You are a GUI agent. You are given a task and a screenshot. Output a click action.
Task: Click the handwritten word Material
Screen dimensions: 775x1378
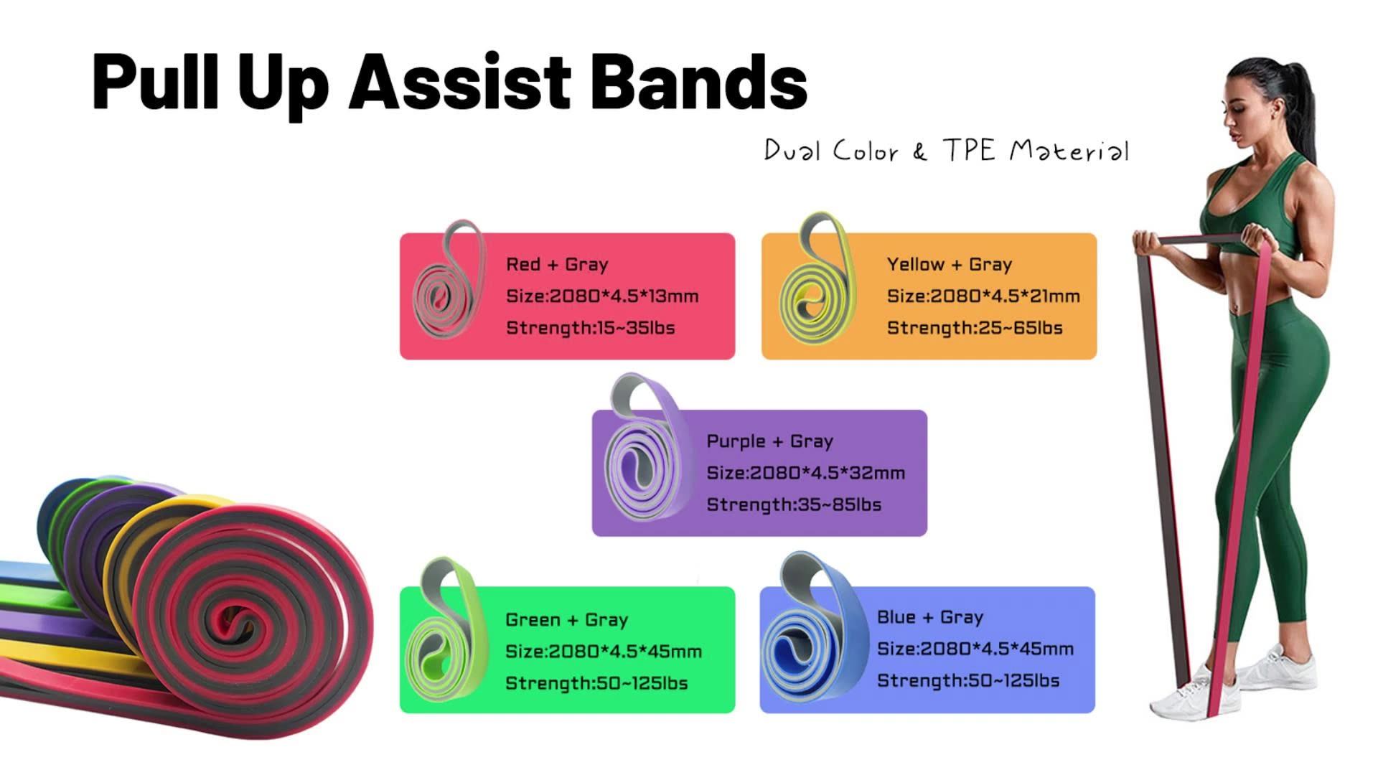point(1069,151)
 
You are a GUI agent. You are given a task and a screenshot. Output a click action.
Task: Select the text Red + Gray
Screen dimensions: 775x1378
point(557,265)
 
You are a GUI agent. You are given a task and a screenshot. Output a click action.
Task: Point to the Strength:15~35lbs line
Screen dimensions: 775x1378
point(590,328)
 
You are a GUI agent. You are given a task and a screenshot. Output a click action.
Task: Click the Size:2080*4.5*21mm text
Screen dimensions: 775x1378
point(983,296)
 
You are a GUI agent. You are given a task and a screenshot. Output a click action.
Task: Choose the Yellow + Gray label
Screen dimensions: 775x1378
point(949,265)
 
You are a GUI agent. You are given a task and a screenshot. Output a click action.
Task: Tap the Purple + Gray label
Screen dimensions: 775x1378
point(769,441)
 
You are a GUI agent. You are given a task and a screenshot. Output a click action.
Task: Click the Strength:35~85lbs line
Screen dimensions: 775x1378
point(794,504)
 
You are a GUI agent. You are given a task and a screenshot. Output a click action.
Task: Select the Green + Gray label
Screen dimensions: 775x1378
point(566,620)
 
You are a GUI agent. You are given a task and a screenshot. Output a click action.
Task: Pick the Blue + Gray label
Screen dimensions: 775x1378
point(929,617)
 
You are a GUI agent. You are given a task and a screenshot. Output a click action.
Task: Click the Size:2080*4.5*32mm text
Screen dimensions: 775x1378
point(805,473)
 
